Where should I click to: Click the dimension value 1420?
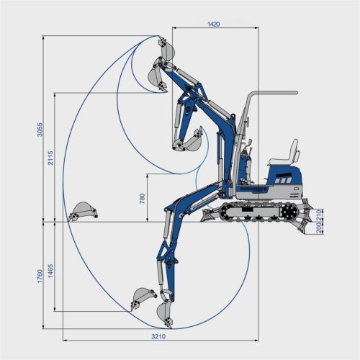[x=213, y=24]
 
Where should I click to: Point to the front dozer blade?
[x=210, y=213]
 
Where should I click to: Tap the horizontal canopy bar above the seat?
[x=274, y=93]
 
